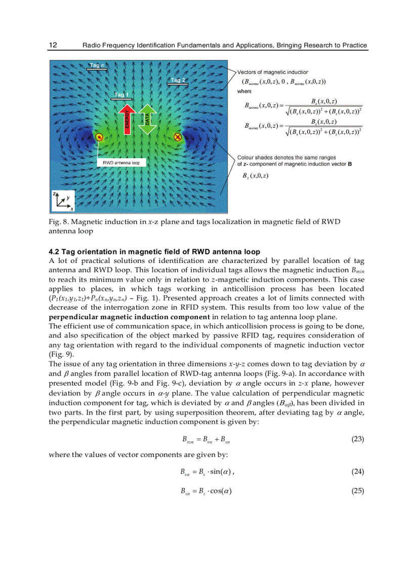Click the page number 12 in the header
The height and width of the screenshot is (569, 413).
coord(53,45)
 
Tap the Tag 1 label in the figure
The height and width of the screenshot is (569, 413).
coord(122,95)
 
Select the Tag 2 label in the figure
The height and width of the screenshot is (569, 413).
coord(178,80)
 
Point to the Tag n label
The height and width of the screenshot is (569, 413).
coord(96,65)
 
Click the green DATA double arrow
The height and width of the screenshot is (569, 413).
coord(147,120)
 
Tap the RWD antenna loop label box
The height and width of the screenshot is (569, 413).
coord(121,163)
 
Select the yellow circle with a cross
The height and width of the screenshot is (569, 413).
coord(178,137)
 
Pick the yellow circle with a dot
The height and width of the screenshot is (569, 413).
coord(100,137)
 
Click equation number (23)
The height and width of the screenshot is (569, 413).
coord(357,439)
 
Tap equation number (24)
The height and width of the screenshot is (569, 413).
coord(357,472)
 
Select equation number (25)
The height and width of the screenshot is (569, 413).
coord(357,491)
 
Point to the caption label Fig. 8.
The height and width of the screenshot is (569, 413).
coord(57,222)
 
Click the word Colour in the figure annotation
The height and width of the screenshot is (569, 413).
coord(247,158)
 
